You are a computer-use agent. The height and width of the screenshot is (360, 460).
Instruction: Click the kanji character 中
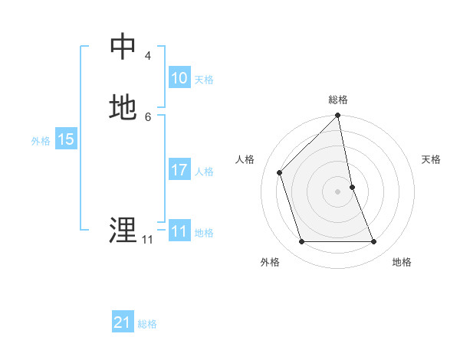tap(123, 47)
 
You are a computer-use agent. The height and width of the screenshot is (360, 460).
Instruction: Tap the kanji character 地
tap(123, 108)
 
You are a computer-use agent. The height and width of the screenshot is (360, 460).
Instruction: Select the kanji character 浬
tap(123, 230)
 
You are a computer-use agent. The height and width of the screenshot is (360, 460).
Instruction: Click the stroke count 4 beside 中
tap(147, 56)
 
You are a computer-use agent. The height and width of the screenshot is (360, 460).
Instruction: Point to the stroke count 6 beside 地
tap(147, 116)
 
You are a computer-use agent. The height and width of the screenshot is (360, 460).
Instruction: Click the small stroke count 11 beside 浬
tap(147, 239)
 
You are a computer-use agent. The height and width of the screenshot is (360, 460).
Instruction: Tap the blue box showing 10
tap(179, 78)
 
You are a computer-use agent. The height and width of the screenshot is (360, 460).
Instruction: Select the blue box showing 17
tap(179, 170)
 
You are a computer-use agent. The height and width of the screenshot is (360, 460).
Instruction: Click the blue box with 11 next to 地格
tap(179, 231)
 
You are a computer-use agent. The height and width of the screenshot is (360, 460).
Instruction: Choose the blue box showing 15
tap(65, 139)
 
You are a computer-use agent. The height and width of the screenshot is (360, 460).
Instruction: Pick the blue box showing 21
tap(122, 323)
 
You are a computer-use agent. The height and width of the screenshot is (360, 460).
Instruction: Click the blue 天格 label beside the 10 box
tap(204, 80)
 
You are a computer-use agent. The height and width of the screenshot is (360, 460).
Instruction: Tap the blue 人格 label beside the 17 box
tap(204, 172)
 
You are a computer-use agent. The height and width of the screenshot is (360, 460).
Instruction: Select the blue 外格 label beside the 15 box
tap(41, 141)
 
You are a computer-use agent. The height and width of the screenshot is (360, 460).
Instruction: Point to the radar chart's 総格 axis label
tap(338, 100)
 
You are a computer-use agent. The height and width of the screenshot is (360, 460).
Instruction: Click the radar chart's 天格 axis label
tap(431, 159)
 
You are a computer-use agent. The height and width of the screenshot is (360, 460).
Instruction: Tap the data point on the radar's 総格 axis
tap(338, 116)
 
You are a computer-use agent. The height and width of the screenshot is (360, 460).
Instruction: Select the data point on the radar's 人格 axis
tap(280, 172)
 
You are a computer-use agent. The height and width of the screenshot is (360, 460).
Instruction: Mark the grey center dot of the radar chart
tap(338, 191)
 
